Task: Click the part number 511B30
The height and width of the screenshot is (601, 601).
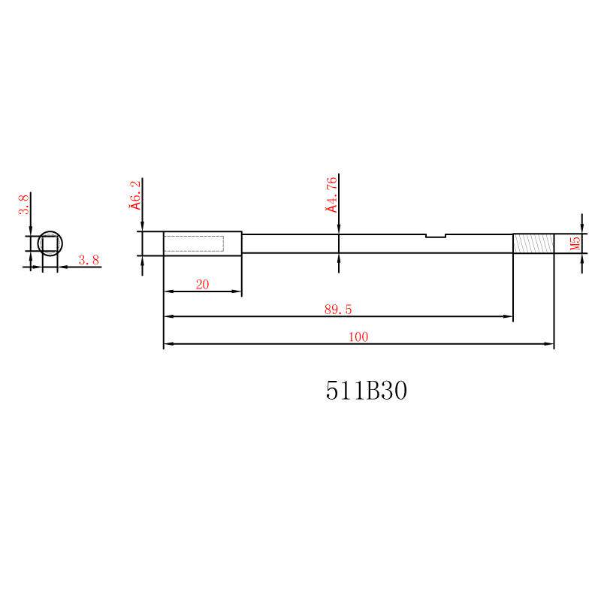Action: (x=367, y=391)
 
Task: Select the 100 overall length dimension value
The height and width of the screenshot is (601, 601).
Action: (x=358, y=337)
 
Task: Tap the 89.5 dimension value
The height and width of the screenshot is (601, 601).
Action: (x=337, y=310)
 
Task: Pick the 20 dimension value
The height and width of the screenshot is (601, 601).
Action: (x=202, y=285)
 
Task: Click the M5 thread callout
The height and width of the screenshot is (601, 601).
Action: (x=575, y=243)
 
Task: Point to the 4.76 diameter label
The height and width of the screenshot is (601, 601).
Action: (x=332, y=195)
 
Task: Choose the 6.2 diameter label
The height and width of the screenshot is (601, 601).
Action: (x=136, y=195)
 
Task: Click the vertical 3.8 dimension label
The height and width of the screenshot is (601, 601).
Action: (x=24, y=204)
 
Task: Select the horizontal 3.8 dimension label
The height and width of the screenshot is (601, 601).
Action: (x=89, y=260)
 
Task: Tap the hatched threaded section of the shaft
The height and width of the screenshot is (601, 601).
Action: (x=533, y=243)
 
